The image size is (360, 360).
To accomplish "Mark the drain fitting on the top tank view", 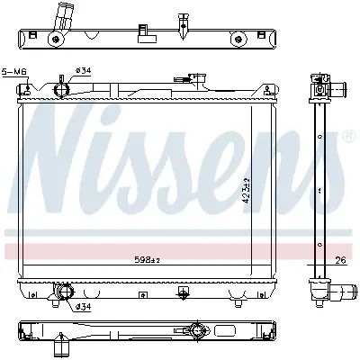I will pyautogui.click(x=184, y=18).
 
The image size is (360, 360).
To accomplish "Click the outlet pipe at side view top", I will pyautogui.click(x=339, y=89).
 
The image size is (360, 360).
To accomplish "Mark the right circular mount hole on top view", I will pyautogui.click(x=238, y=37).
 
